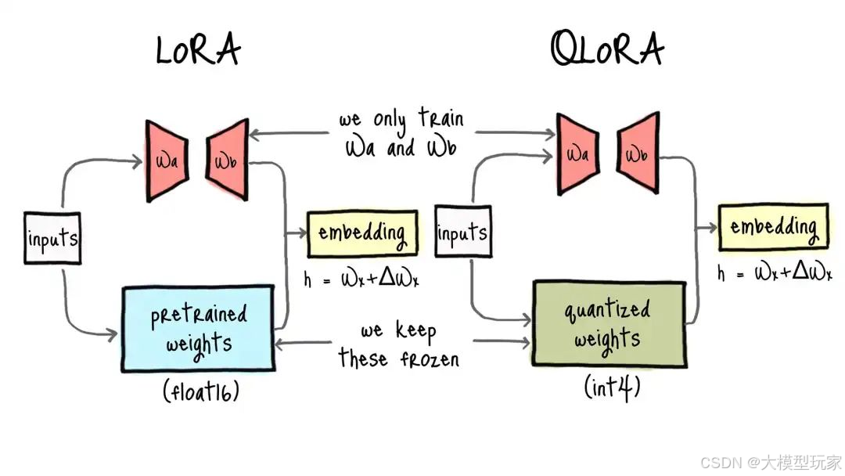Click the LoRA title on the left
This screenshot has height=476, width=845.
198,50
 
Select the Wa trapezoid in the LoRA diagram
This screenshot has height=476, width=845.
167,160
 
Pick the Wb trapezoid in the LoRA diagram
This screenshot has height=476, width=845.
228,160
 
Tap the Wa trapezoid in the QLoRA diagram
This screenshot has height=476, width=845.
578,153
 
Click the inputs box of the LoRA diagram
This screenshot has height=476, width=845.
53,238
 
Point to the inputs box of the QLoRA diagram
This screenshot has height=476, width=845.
462,233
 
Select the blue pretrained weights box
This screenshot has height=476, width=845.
198,329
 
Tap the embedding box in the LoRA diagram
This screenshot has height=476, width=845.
361,233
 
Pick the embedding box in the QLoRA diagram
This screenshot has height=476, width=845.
773,226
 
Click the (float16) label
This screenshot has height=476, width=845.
201,390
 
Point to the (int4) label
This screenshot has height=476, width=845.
612,384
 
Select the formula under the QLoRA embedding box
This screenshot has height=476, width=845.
774,272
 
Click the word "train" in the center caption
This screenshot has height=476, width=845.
440,120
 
